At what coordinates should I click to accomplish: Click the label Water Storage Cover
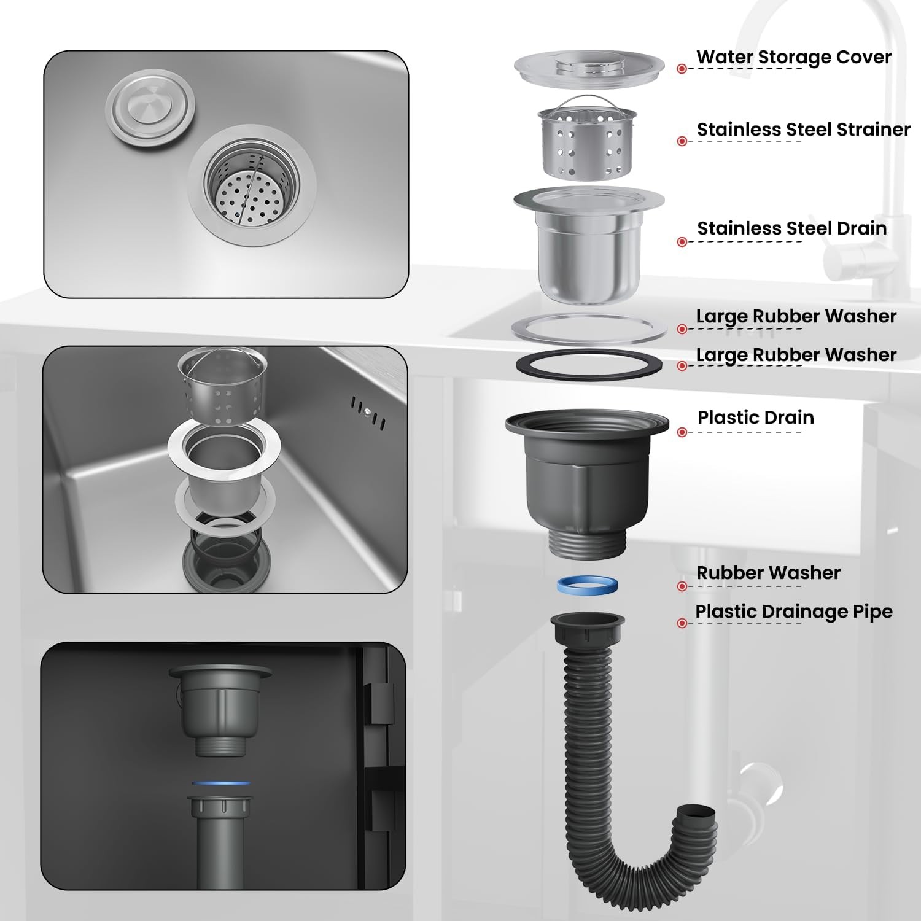click(x=793, y=57)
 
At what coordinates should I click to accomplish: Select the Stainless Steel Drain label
click(x=792, y=228)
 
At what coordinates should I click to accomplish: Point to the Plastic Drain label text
click(x=756, y=418)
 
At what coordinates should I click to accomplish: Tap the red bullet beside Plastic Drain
click(x=682, y=432)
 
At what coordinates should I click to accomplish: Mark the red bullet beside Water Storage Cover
click(x=682, y=69)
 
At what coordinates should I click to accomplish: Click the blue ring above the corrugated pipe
click(x=588, y=585)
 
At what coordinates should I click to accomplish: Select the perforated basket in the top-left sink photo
click(x=252, y=184)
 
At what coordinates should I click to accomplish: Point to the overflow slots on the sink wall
click(x=368, y=413)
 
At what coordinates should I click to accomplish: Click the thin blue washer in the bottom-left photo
click(x=220, y=783)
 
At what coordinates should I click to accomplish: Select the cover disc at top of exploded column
click(x=589, y=67)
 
